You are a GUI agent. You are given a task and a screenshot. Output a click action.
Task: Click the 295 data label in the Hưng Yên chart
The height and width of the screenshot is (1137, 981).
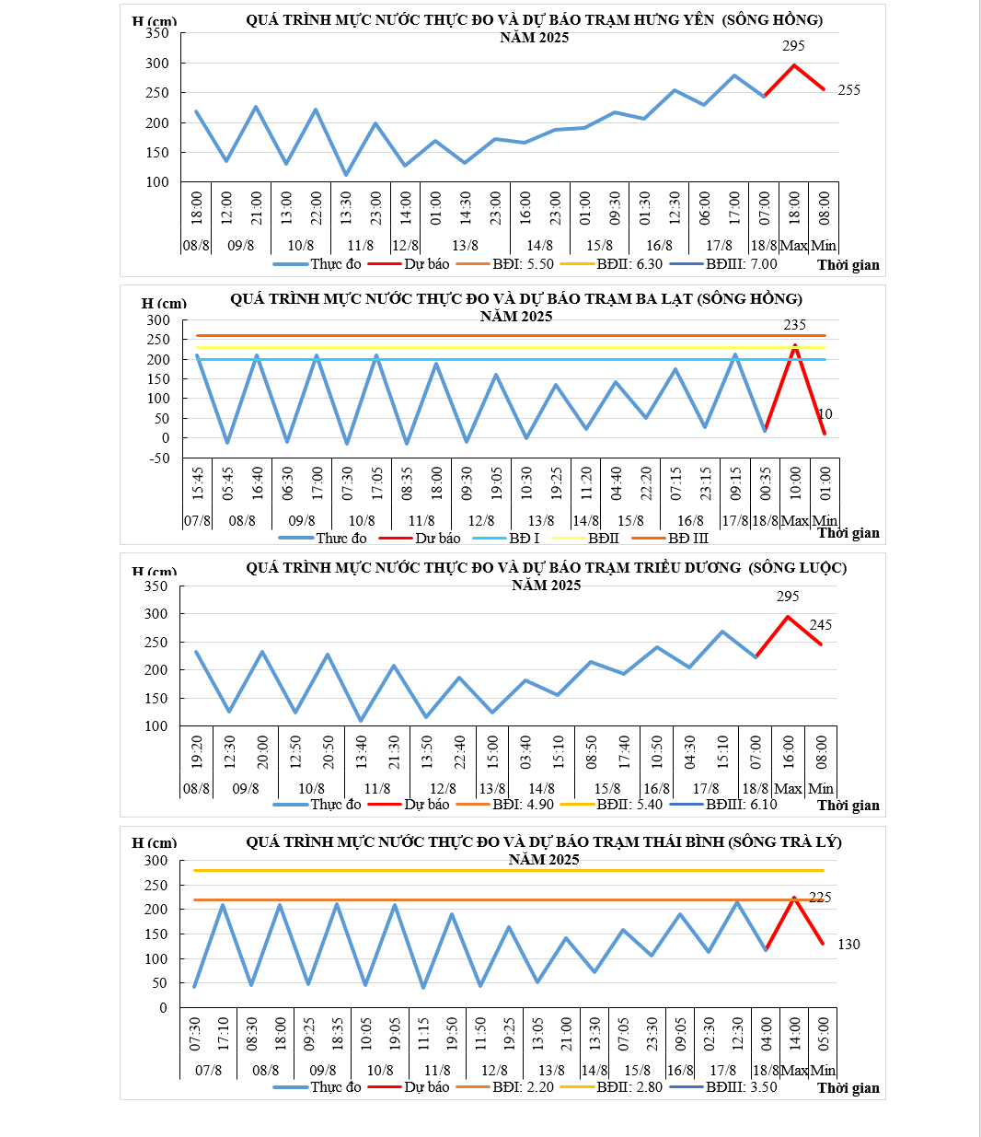point(793,46)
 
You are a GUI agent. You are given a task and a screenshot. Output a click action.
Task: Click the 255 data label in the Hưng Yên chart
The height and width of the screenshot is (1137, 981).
point(848,90)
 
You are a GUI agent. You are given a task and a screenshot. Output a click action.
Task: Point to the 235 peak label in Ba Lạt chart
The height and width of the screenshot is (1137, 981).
point(794,325)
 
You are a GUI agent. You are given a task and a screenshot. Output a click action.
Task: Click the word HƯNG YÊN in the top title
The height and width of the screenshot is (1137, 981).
point(674,20)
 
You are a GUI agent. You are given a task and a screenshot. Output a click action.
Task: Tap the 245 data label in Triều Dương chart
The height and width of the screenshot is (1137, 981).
point(820,625)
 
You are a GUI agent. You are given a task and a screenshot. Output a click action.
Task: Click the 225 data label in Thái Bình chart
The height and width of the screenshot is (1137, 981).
point(819,898)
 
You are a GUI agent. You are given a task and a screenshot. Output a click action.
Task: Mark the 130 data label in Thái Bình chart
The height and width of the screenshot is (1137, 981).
point(848,945)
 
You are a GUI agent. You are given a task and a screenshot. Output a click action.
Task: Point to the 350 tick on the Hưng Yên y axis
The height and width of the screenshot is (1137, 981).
point(157,33)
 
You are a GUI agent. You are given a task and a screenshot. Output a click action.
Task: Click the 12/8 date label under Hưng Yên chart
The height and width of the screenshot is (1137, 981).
point(405,246)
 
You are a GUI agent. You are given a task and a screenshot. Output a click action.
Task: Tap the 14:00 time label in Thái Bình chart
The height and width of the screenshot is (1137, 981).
point(794,1034)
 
